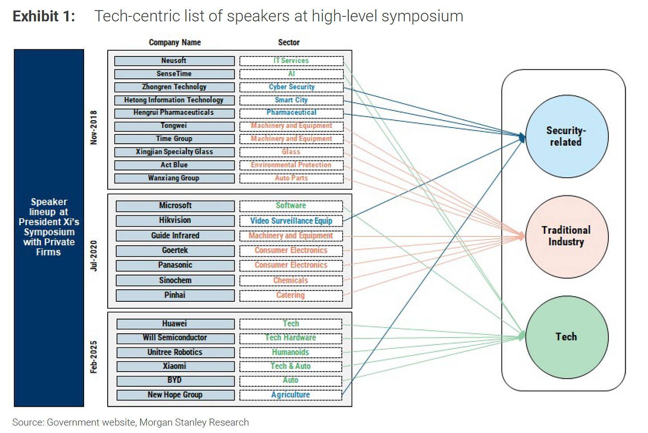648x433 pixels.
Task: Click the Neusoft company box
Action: pyautogui.click(x=174, y=61)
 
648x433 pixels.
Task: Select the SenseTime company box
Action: pyautogui.click(x=174, y=74)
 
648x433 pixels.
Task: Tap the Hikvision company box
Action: pyautogui.click(x=175, y=221)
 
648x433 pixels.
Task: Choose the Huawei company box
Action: pyautogui.click(x=175, y=324)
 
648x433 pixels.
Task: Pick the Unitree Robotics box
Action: pyautogui.click(x=175, y=352)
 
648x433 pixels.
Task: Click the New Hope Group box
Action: pyautogui.click(x=175, y=395)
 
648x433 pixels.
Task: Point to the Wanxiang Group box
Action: pyautogui.click(x=174, y=178)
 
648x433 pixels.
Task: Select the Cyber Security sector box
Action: pyautogui.click(x=292, y=87)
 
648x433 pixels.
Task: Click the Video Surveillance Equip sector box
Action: pyautogui.click(x=291, y=221)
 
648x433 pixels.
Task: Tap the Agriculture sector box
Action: pyautogui.click(x=291, y=395)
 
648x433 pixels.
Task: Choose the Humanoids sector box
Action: pyautogui.click(x=291, y=352)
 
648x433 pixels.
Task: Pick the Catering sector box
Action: pyautogui.click(x=291, y=295)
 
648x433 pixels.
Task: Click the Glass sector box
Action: pyautogui.click(x=292, y=152)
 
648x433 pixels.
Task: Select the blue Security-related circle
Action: pyautogui.click(x=566, y=137)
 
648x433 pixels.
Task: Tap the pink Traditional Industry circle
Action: pyautogui.click(x=566, y=236)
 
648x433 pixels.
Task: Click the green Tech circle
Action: pyautogui.click(x=566, y=337)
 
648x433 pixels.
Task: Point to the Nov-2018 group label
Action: pyautogui.click(x=93, y=127)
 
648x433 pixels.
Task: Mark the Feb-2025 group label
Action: pyautogui.click(x=93, y=357)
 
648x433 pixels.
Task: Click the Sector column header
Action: pyautogui.click(x=289, y=43)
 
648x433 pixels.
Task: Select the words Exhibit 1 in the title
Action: pyautogui.click(x=44, y=16)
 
